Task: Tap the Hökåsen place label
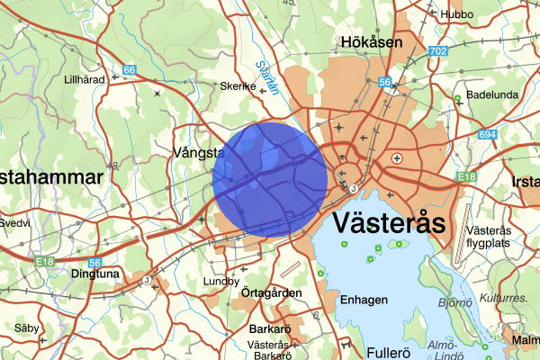(371, 41)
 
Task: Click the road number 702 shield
(438, 52)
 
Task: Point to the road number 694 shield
(487, 134)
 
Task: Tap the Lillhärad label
(85, 79)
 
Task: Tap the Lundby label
(221, 281)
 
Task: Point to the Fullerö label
(393, 351)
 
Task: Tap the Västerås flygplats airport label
(501, 237)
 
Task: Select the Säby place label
(26, 328)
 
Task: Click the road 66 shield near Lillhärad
(130, 70)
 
